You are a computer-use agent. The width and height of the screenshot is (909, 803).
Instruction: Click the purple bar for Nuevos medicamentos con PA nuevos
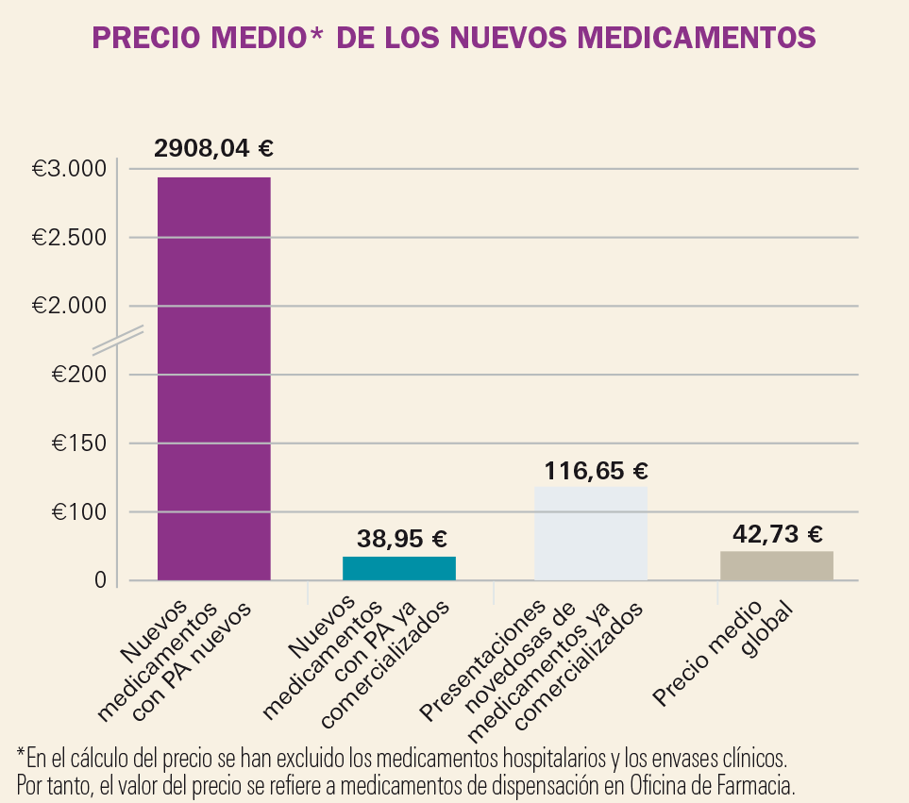(213, 377)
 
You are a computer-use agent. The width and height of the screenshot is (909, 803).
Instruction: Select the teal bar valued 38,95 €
(398, 568)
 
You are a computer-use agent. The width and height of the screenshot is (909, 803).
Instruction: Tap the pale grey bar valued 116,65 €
(590, 533)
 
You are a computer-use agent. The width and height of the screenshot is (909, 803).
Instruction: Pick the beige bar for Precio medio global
(776, 565)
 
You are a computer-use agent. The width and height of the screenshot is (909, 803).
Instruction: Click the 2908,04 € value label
(213, 148)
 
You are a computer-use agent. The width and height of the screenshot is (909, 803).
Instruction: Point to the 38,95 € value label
(401, 539)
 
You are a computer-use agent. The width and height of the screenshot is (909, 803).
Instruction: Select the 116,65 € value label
(597, 470)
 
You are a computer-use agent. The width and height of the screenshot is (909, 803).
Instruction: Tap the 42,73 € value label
(777, 534)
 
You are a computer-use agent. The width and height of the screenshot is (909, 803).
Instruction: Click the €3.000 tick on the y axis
(69, 169)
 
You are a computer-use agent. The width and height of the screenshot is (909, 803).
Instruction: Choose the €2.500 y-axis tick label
(69, 238)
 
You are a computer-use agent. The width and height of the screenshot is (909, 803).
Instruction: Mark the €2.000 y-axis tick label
(69, 306)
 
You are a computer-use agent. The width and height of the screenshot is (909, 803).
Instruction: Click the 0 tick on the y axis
(98, 580)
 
